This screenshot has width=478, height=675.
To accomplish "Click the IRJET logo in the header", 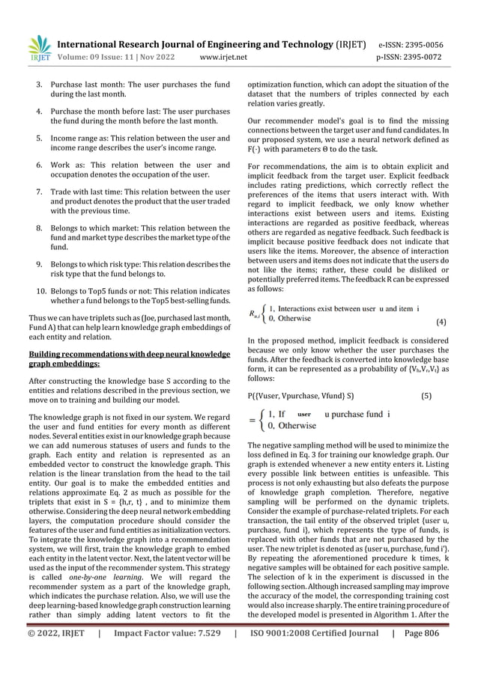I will click(x=37, y=49).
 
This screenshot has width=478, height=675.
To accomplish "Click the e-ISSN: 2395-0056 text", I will click(x=420, y=44).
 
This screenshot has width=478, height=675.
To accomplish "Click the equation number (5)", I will click(x=426, y=394).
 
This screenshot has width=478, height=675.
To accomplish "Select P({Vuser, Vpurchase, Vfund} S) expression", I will click(x=300, y=394).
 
